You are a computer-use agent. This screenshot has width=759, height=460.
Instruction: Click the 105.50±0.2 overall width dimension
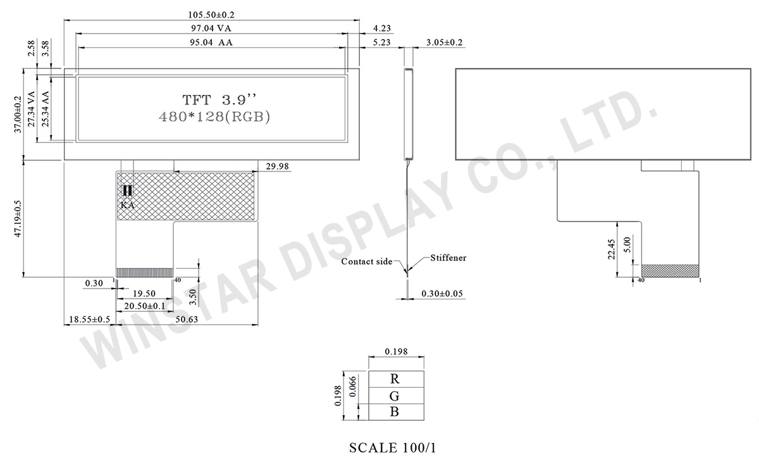click(x=211, y=15)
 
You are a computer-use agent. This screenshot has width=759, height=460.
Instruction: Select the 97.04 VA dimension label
click(x=211, y=28)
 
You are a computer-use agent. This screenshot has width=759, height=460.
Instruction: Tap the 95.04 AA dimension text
click(x=211, y=42)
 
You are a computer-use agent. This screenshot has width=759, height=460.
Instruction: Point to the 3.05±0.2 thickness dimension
click(x=444, y=42)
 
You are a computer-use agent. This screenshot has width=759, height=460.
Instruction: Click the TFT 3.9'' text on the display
click(x=219, y=100)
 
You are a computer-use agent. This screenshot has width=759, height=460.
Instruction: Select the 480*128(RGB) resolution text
click(x=214, y=117)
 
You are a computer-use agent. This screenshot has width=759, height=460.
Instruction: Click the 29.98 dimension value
click(x=277, y=166)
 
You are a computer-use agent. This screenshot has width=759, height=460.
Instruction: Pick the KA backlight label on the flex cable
click(x=127, y=205)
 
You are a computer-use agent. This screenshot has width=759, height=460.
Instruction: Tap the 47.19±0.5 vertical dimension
click(x=18, y=219)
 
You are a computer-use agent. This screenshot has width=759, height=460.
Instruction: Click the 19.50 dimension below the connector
click(x=144, y=294)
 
